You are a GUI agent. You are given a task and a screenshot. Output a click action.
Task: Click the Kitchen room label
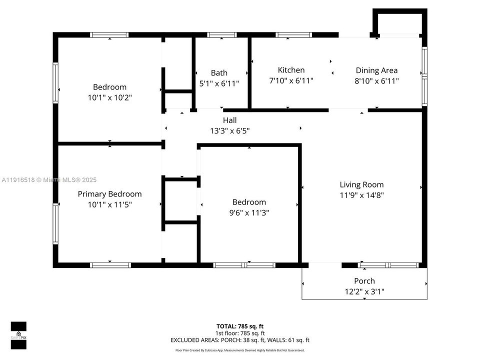291,70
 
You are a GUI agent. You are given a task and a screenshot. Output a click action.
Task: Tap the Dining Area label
376,70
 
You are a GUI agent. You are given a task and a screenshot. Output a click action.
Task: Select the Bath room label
219,73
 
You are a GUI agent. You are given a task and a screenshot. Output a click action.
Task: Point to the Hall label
229,120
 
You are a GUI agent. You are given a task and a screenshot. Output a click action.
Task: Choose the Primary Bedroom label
109,194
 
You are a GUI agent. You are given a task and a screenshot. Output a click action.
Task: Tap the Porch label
364,281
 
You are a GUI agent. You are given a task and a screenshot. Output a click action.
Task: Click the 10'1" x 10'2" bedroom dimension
109,97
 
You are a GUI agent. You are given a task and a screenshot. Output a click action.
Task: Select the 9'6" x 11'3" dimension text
249,212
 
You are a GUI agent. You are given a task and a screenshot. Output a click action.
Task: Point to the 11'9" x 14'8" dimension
361,195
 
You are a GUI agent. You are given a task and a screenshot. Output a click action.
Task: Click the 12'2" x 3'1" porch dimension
364,291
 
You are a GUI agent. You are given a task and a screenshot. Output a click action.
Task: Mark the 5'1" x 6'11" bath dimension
219,83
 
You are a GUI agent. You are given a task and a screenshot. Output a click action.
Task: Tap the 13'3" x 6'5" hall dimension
229,131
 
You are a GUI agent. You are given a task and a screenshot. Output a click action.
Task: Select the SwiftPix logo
18,335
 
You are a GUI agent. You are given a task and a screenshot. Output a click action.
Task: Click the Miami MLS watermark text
49,180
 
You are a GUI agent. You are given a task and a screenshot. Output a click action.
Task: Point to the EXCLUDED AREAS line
240,340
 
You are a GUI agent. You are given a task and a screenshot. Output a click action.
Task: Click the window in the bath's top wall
222,35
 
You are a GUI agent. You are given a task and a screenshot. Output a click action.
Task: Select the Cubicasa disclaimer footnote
240,350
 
